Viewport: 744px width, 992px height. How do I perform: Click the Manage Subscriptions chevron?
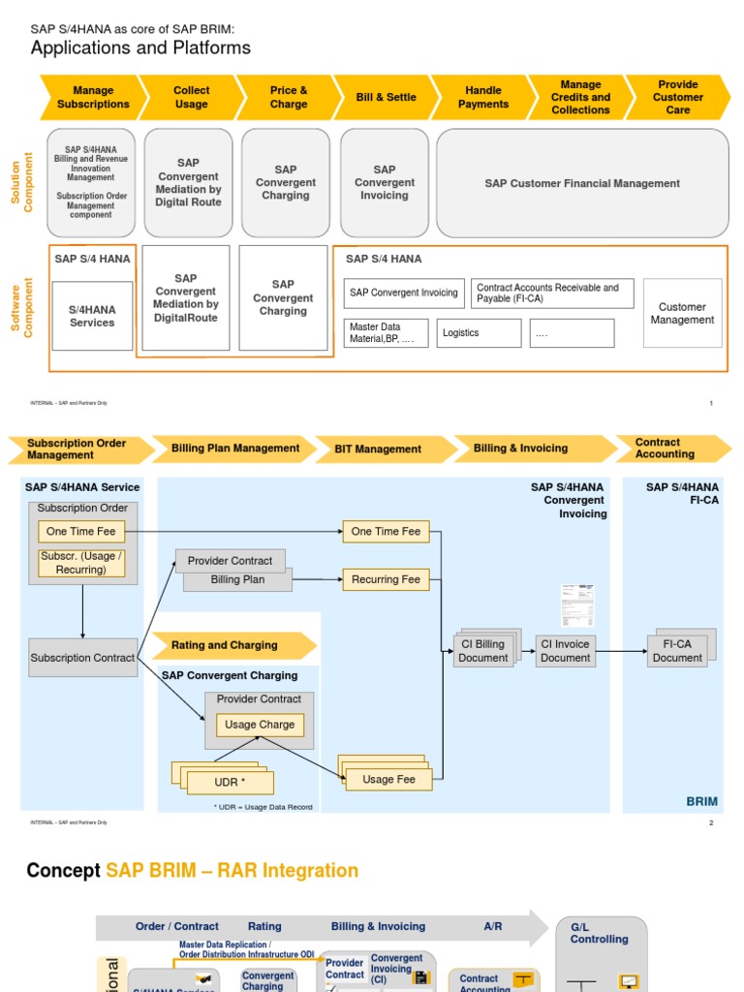(x=93, y=98)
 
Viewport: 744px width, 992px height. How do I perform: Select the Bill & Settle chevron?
(x=386, y=98)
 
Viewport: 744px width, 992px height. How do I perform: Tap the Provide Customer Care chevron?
(x=678, y=98)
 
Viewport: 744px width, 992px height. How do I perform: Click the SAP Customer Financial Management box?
(x=582, y=183)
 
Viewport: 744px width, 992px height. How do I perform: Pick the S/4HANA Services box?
(x=92, y=316)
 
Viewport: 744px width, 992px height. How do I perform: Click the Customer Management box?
(x=682, y=313)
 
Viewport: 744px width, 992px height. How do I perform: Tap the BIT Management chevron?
(x=385, y=449)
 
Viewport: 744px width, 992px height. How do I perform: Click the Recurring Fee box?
(x=386, y=579)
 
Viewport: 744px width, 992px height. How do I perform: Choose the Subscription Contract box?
(x=82, y=658)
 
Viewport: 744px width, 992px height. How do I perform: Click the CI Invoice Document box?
(x=565, y=651)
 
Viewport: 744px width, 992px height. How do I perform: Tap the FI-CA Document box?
(x=677, y=651)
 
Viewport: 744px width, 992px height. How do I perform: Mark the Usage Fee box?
(x=388, y=779)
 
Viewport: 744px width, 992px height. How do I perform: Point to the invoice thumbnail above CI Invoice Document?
(x=574, y=605)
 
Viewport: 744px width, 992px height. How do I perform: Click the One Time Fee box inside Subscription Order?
(x=81, y=531)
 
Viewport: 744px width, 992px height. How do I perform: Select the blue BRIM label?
(x=701, y=801)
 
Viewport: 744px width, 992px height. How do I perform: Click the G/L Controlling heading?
(x=599, y=933)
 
